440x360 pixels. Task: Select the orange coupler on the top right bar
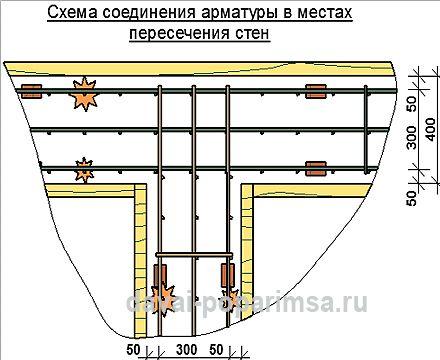coord(316,91)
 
